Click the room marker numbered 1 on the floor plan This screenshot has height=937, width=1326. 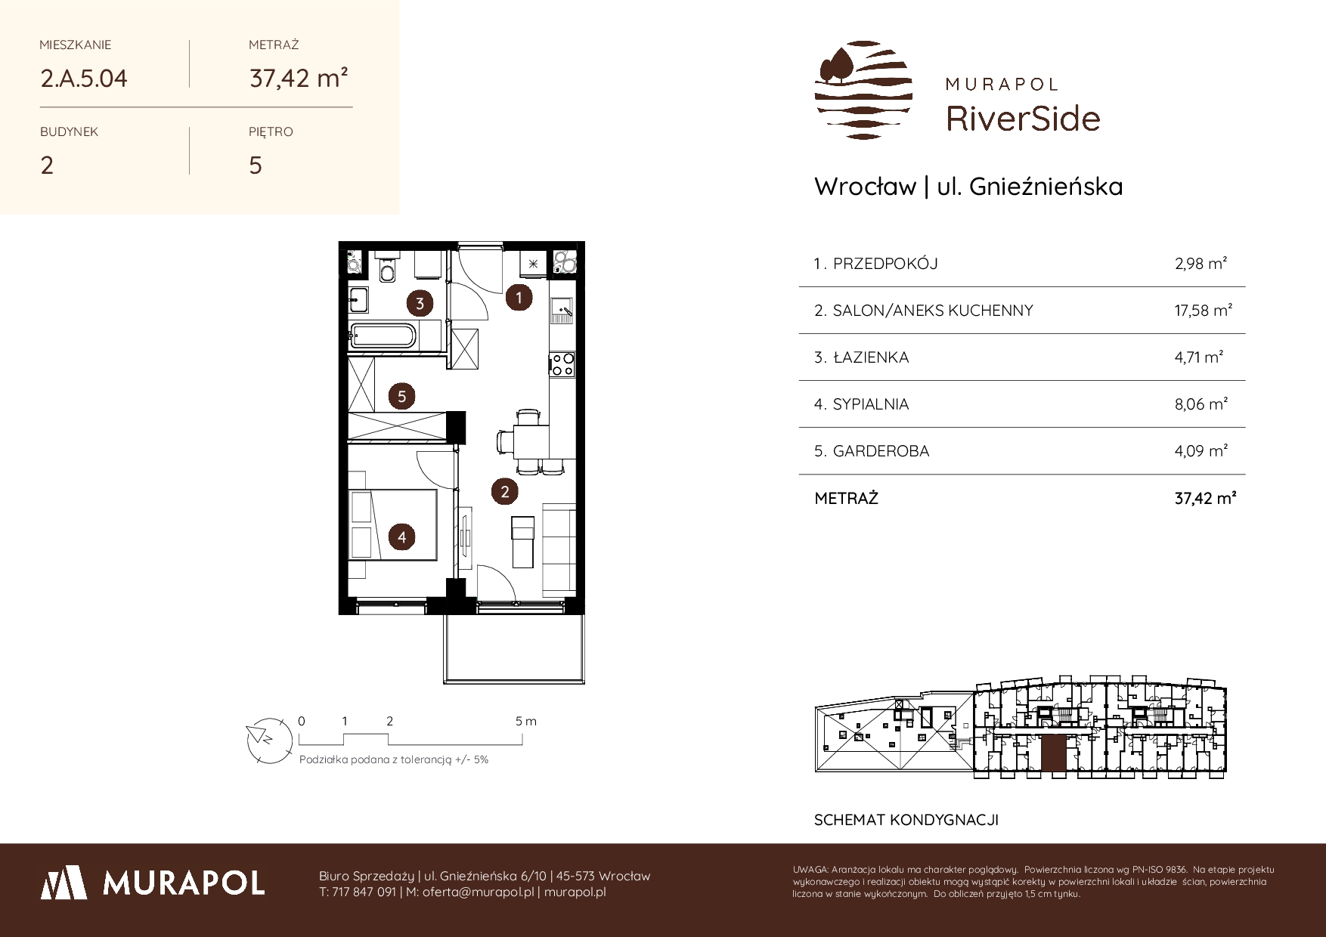519,298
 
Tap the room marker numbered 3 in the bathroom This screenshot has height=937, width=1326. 420,304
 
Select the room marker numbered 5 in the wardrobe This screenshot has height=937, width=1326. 402,396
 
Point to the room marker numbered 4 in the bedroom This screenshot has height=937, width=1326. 402,537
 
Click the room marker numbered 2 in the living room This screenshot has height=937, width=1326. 504,492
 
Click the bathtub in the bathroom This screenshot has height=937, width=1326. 382,336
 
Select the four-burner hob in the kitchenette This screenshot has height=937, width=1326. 562,364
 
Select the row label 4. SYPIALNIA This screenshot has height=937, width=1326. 861,404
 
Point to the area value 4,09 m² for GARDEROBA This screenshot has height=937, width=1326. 1201,451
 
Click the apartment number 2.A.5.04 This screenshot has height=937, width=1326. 84,79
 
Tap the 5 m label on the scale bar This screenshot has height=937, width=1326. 526,721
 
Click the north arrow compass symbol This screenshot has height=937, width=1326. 269,739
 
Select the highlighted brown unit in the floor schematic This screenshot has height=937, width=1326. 1053,753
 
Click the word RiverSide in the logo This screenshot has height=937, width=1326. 1024,119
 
